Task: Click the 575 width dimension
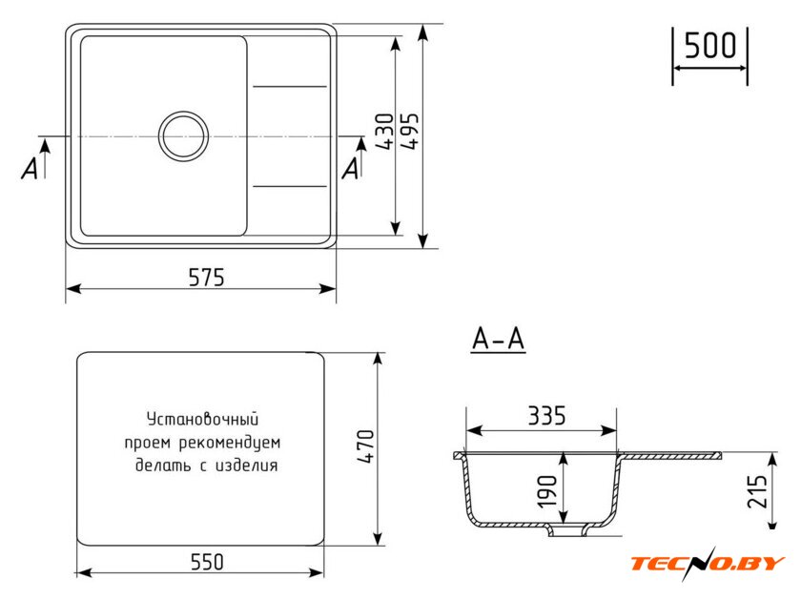(x=206, y=278)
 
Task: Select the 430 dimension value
(x=384, y=132)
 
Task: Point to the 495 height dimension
(x=410, y=131)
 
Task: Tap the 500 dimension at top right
(x=709, y=45)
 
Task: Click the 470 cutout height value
(x=366, y=446)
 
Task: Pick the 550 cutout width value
(x=207, y=562)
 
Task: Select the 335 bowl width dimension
(x=546, y=416)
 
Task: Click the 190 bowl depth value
(x=547, y=491)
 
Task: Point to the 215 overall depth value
(x=757, y=491)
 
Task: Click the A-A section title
(x=498, y=339)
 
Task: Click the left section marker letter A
(x=30, y=168)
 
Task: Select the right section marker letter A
(x=351, y=168)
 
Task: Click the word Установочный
(x=202, y=419)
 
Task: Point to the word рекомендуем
(x=230, y=443)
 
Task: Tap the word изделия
(x=247, y=466)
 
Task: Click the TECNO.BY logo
(x=707, y=563)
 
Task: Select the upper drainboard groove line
(x=290, y=87)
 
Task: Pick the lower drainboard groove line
(x=290, y=186)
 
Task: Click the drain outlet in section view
(x=566, y=530)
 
